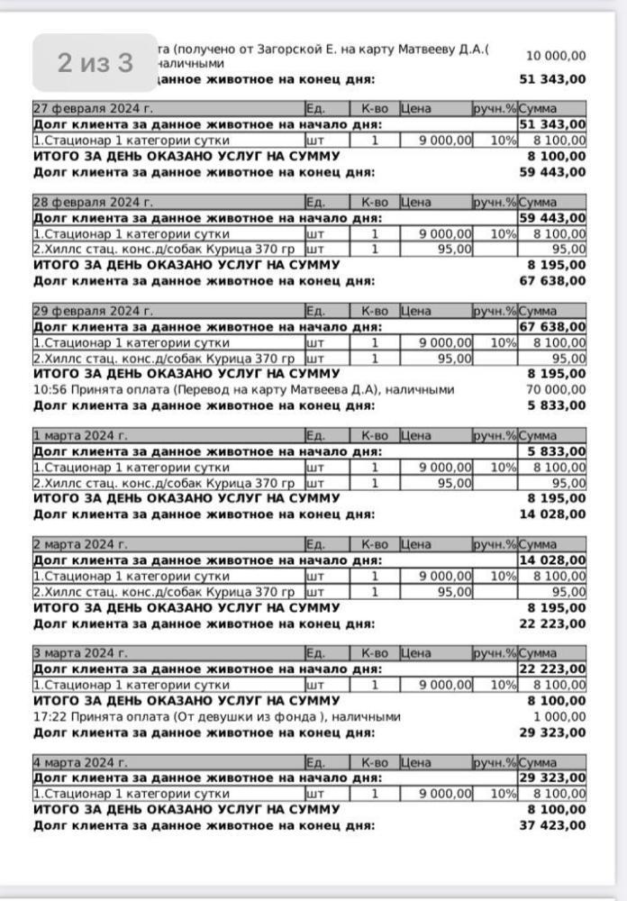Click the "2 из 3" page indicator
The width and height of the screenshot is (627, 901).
[95, 63]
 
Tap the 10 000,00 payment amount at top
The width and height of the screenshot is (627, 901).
[555, 56]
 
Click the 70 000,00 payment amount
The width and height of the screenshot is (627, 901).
[555, 390]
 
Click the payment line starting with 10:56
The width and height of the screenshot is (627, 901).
[243, 390]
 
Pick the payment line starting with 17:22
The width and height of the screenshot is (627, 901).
[216, 717]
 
